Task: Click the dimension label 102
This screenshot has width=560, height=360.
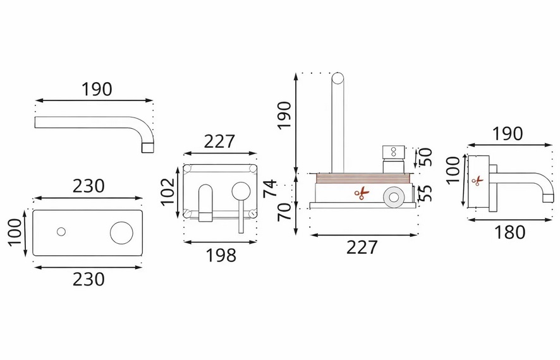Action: click(x=167, y=192)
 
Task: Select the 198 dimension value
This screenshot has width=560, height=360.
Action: click(x=221, y=255)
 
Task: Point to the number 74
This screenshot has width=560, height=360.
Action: click(x=270, y=188)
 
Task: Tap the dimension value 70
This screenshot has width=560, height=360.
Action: click(x=284, y=212)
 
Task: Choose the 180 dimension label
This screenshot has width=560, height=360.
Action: click(x=509, y=232)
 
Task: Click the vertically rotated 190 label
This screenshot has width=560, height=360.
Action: click(x=284, y=116)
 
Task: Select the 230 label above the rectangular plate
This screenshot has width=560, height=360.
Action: click(x=88, y=186)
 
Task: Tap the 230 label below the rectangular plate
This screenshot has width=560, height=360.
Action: click(x=88, y=279)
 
